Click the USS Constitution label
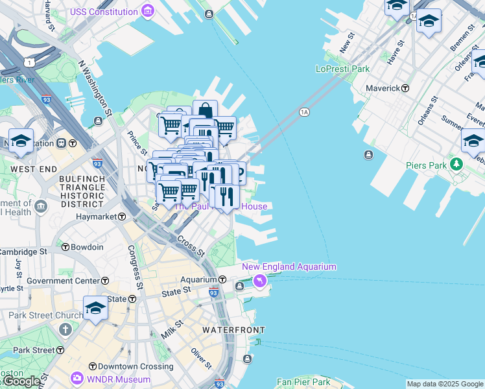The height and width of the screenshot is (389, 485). [103, 12]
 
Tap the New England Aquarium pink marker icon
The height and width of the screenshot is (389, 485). [260, 281]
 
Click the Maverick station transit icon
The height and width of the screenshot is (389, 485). [405, 88]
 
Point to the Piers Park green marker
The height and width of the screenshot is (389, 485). [457, 165]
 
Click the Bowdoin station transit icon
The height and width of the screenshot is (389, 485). [65, 247]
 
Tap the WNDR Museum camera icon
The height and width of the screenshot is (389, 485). [77, 377]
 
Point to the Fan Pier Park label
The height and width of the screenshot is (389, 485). [303, 383]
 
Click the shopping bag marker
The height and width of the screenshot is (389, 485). [205, 111]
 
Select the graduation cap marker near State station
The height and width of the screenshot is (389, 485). [95, 309]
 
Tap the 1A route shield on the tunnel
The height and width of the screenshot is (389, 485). [304, 112]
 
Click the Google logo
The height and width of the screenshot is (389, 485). [21, 381]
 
